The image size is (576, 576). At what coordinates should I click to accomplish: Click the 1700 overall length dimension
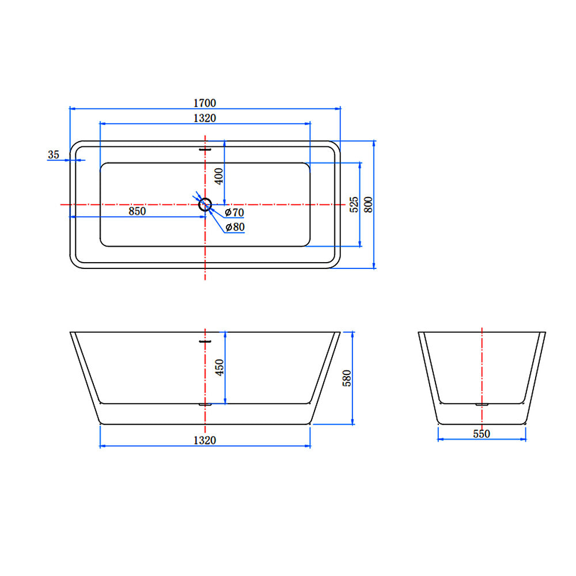click(204, 103)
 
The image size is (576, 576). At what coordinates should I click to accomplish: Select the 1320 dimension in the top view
click(204, 118)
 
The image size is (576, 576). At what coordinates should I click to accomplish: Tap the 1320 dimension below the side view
click(204, 440)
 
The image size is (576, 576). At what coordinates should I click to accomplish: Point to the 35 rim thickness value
click(54, 154)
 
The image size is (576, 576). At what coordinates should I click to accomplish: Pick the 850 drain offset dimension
click(137, 211)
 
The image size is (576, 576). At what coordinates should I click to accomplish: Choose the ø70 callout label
click(234, 213)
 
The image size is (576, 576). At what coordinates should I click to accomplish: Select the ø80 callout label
click(235, 227)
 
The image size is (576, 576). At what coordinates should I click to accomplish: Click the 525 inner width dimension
click(354, 204)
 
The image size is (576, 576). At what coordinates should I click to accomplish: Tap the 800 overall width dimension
click(369, 204)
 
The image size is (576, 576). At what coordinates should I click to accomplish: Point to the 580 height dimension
click(347, 378)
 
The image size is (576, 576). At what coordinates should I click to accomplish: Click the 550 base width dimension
click(482, 434)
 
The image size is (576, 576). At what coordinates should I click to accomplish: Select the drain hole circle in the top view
click(204, 204)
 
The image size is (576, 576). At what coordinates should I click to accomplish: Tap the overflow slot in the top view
click(204, 150)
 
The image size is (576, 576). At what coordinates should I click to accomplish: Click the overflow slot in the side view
click(204, 341)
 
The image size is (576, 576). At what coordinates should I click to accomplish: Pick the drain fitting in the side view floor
click(204, 404)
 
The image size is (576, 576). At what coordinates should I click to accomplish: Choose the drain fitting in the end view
click(482, 404)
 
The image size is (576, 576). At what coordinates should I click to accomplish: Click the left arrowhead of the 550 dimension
click(441, 439)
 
